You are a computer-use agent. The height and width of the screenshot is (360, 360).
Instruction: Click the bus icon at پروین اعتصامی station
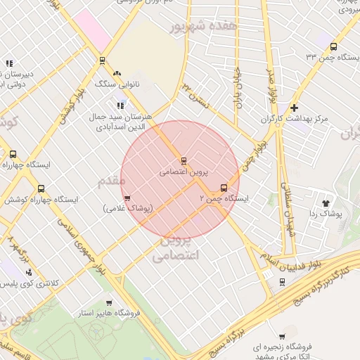coord(184,161)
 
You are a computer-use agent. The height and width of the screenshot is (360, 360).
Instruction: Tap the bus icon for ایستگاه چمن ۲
coord(224,188)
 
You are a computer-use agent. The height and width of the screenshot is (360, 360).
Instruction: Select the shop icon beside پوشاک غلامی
coord(127,198)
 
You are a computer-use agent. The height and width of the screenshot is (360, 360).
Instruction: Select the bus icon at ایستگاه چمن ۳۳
coord(333,46)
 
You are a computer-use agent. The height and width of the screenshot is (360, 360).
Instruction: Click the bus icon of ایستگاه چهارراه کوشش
coord(41,188)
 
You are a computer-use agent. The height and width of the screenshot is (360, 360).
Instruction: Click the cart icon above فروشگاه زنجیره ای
coord(282,335)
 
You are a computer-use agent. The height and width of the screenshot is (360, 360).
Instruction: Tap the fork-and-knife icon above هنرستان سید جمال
coord(120,105)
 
